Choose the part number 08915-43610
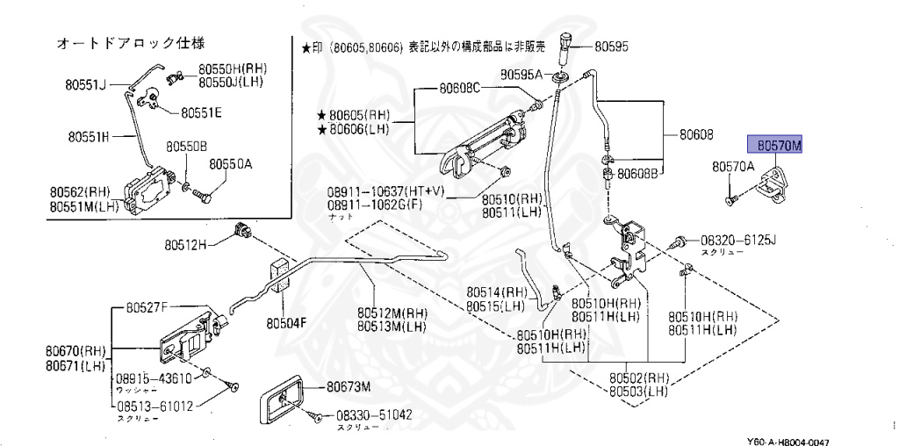click(154, 378)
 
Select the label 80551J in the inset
click(84, 85)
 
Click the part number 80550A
click(230, 163)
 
